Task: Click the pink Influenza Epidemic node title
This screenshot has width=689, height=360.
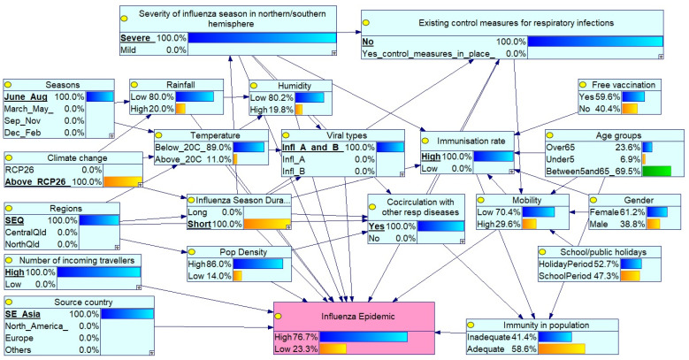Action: point(357,317)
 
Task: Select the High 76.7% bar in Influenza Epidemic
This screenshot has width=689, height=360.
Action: point(364,337)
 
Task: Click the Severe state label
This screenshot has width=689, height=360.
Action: point(138,38)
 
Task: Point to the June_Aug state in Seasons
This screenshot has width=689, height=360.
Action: point(26,96)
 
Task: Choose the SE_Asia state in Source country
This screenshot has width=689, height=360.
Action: point(22,314)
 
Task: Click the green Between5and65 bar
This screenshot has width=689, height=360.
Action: point(656,171)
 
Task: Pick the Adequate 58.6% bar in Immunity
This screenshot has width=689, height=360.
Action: point(562,349)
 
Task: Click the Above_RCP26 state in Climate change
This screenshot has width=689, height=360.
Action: point(38,181)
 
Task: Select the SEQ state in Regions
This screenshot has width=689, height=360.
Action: point(14,220)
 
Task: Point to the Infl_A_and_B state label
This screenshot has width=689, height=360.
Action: point(313,147)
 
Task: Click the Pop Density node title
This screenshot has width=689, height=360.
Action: point(243,252)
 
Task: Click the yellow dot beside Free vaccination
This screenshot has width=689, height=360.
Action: point(583,85)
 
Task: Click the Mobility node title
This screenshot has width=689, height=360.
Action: point(527,201)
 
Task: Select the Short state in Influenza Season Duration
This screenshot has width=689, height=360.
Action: point(199,224)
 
